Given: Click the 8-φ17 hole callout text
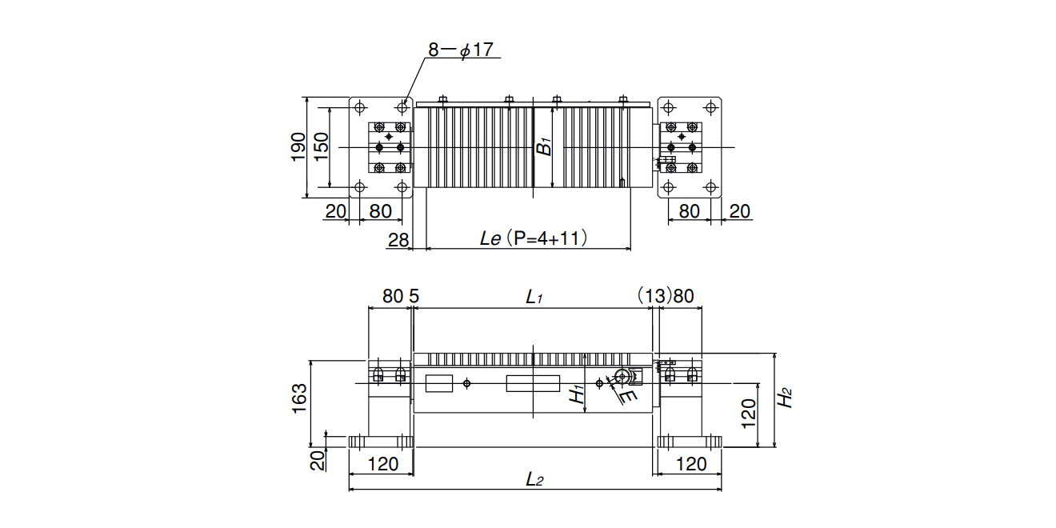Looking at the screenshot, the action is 461,50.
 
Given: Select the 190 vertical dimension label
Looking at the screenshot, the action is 298,147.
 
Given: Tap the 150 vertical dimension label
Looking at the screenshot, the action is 321,147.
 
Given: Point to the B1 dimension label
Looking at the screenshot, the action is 545,146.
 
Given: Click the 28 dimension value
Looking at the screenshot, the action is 398,241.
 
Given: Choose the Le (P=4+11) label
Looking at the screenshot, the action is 534,238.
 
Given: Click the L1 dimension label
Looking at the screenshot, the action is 534,297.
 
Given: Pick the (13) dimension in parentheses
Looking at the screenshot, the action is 654,296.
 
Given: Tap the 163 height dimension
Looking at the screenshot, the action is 300,399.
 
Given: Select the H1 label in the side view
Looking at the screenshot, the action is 577,394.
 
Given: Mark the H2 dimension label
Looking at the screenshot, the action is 785,398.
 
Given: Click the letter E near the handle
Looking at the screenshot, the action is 628,396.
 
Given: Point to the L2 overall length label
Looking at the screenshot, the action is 534,480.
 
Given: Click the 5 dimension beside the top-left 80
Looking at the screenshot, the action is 414,296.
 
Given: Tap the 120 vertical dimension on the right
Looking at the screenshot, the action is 749,414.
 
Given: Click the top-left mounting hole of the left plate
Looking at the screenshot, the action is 360,107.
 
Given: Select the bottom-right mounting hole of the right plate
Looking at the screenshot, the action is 710,187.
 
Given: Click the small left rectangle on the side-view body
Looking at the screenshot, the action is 439,383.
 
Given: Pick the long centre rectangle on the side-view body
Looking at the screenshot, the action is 533,383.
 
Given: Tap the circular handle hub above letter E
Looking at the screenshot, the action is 622,376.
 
